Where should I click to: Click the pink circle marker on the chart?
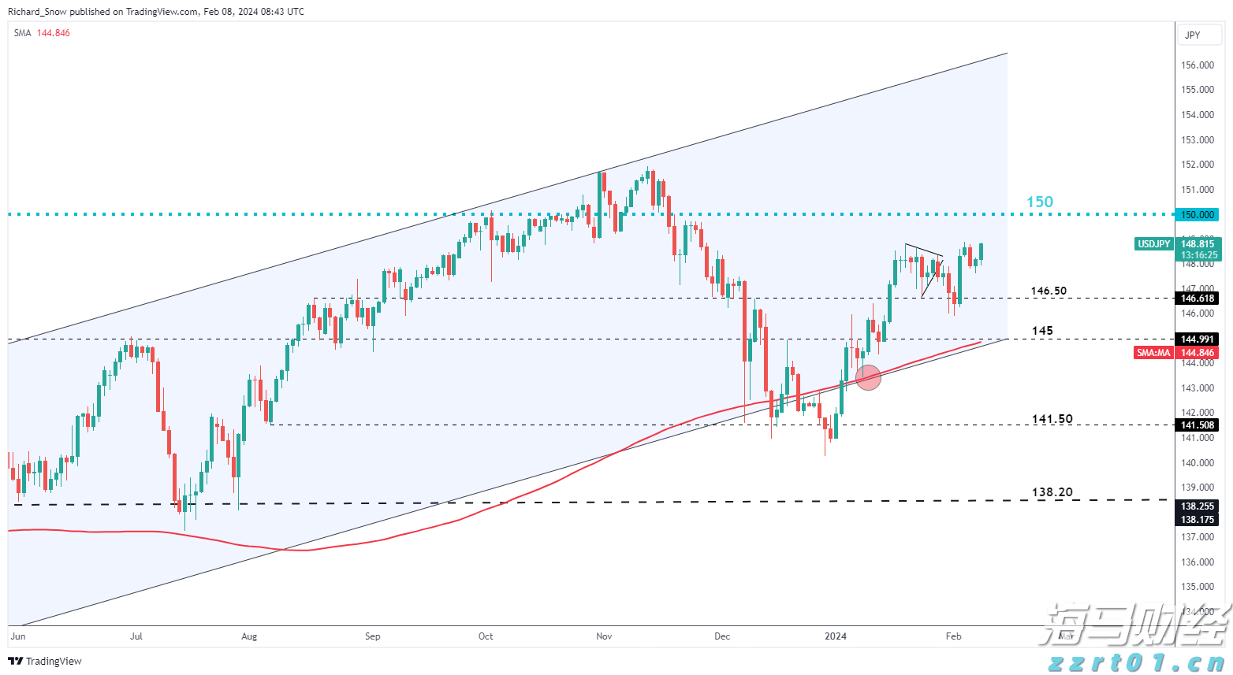click(x=868, y=377)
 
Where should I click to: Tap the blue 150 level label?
click(x=1039, y=202)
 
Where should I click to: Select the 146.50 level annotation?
click(x=1049, y=291)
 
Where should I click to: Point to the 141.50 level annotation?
click(x=1052, y=419)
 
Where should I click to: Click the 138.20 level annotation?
click(x=1052, y=492)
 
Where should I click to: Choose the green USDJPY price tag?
click(x=1153, y=244)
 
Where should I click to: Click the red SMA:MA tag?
click(x=1153, y=353)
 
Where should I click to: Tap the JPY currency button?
click(x=1193, y=35)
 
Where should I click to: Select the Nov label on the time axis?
click(x=604, y=636)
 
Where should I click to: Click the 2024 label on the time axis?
click(x=835, y=636)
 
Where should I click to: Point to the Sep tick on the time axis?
click(x=373, y=636)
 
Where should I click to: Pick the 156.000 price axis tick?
click(x=1198, y=65)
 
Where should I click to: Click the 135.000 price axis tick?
click(x=1198, y=587)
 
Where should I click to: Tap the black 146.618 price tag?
click(x=1198, y=299)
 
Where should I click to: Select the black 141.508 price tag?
click(x=1198, y=425)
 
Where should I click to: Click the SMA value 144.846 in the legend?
click(x=53, y=33)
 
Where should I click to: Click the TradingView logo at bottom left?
click(x=45, y=661)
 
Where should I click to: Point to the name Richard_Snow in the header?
click(x=37, y=12)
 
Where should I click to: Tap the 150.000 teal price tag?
click(x=1198, y=214)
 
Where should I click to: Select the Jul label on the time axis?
click(x=136, y=636)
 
